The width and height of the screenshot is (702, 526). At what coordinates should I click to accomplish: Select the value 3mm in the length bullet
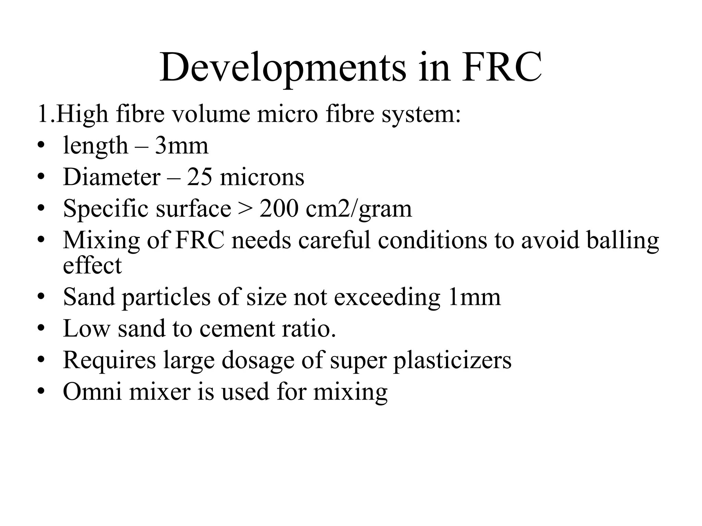coord(181,146)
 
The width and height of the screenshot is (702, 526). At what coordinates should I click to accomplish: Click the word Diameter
coord(112,177)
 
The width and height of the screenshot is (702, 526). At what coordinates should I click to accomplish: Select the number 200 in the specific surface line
coord(279,209)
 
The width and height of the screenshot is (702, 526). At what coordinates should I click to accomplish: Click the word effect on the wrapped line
coord(92,265)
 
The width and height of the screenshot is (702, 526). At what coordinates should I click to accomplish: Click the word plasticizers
coord(452,360)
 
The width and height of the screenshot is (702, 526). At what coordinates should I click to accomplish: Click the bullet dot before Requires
coord(41,360)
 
